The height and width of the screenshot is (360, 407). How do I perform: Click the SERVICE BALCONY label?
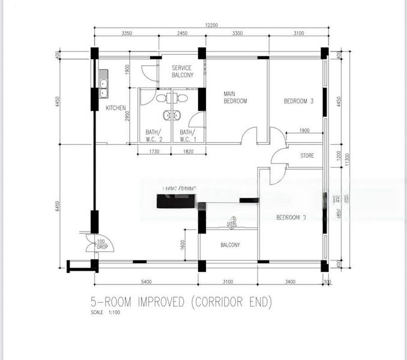(181, 72)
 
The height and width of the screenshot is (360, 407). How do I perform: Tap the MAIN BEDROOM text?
(235, 97)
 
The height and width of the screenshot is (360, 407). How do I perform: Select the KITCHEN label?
(115, 108)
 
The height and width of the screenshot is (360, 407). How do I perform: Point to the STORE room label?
(307, 156)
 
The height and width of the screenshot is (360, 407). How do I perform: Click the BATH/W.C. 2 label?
(154, 136)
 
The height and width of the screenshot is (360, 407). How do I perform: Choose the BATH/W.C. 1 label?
(188, 136)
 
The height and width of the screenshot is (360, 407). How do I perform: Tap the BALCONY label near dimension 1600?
(230, 245)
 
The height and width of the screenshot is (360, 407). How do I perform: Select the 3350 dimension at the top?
(127, 34)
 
